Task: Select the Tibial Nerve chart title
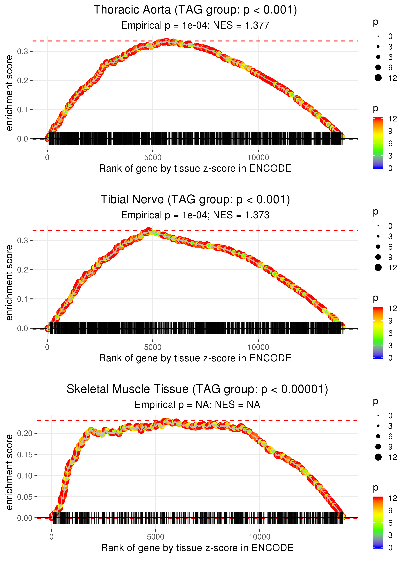195,200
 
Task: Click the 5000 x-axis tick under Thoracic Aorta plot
153,158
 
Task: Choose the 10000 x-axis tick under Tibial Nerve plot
258,347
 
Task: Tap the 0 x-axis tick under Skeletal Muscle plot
51,537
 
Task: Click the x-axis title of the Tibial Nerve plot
195,358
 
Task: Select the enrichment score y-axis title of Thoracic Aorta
9,93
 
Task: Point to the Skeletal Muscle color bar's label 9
390,511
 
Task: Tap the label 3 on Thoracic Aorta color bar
390,156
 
